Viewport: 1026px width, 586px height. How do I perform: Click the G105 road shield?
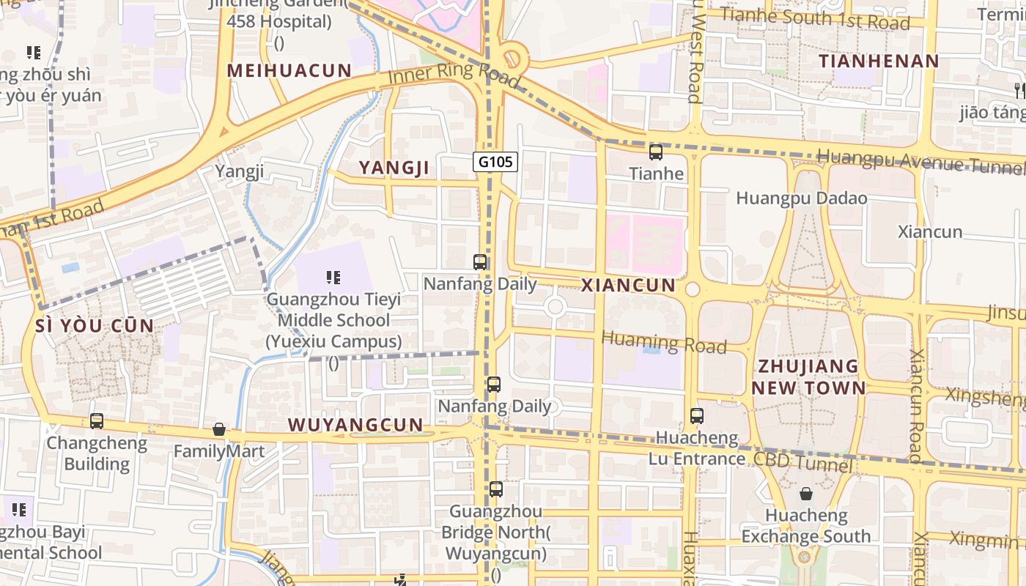[495, 162]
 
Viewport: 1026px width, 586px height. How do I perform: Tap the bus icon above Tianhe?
[656, 152]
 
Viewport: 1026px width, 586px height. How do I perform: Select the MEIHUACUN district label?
[289, 70]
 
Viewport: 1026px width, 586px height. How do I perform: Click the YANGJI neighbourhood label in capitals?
[394, 168]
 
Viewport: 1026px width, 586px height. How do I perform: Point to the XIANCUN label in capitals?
[628, 286]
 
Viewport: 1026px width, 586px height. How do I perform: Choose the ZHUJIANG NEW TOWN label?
[808, 377]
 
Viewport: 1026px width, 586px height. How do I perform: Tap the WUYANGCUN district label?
[355, 425]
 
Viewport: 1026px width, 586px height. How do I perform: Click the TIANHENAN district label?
[879, 61]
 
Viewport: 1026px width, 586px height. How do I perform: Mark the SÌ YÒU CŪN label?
[95, 326]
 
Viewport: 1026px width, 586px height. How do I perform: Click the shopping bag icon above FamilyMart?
[218, 429]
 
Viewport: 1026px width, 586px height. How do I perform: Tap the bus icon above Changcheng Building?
[97, 421]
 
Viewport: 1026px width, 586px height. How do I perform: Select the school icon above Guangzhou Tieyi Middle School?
[333, 278]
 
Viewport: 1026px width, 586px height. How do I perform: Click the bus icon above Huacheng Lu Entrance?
[696, 416]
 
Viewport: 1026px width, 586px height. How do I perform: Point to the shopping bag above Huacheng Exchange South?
[806, 494]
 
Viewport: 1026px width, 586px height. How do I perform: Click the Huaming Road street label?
[664, 342]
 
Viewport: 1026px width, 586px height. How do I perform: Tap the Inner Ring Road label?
[454, 76]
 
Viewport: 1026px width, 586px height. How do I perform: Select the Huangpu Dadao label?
[801, 199]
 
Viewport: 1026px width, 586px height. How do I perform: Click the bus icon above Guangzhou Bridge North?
[496, 489]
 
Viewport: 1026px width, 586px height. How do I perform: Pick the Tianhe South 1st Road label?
[814, 18]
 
